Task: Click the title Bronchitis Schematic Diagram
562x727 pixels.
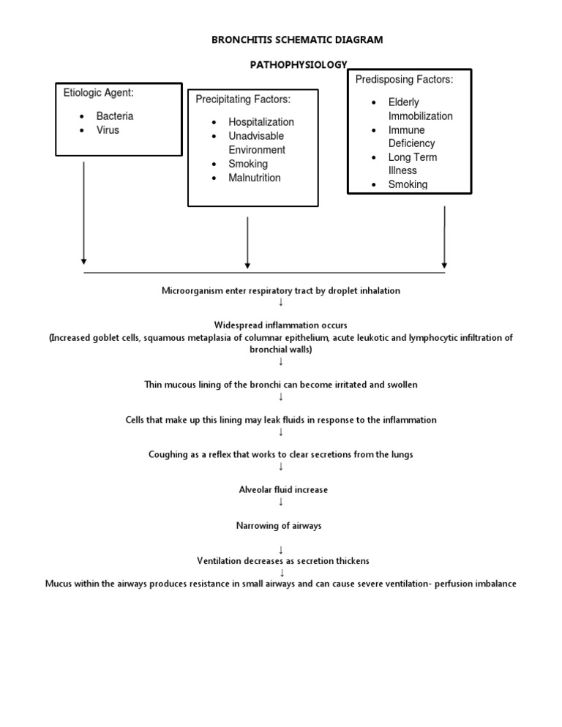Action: click(296, 39)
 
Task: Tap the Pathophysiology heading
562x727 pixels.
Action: click(299, 65)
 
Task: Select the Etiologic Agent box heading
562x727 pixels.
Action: click(97, 93)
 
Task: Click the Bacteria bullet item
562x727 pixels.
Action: click(114, 116)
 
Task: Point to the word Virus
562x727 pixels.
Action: click(108, 130)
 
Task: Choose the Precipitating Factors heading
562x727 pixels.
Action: click(243, 99)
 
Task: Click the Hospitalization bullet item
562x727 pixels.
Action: click(261, 122)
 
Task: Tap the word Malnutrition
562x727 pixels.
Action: click(254, 178)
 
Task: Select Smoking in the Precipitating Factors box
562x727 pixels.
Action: click(248, 164)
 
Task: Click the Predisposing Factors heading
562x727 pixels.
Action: click(404, 79)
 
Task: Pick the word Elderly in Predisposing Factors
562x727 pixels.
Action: click(403, 102)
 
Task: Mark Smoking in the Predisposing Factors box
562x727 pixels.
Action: click(408, 184)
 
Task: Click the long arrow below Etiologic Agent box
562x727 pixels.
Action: click(84, 212)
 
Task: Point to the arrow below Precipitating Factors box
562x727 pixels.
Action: click(248, 242)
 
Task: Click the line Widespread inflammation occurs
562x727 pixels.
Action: click(281, 325)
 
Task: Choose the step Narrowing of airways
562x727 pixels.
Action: click(281, 525)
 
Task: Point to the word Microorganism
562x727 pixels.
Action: click(192, 290)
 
